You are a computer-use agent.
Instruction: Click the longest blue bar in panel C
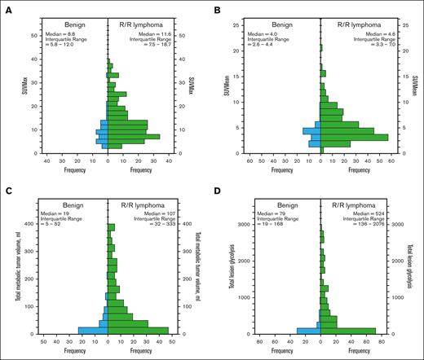click(92, 331)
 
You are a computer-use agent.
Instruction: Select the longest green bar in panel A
click(134, 136)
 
